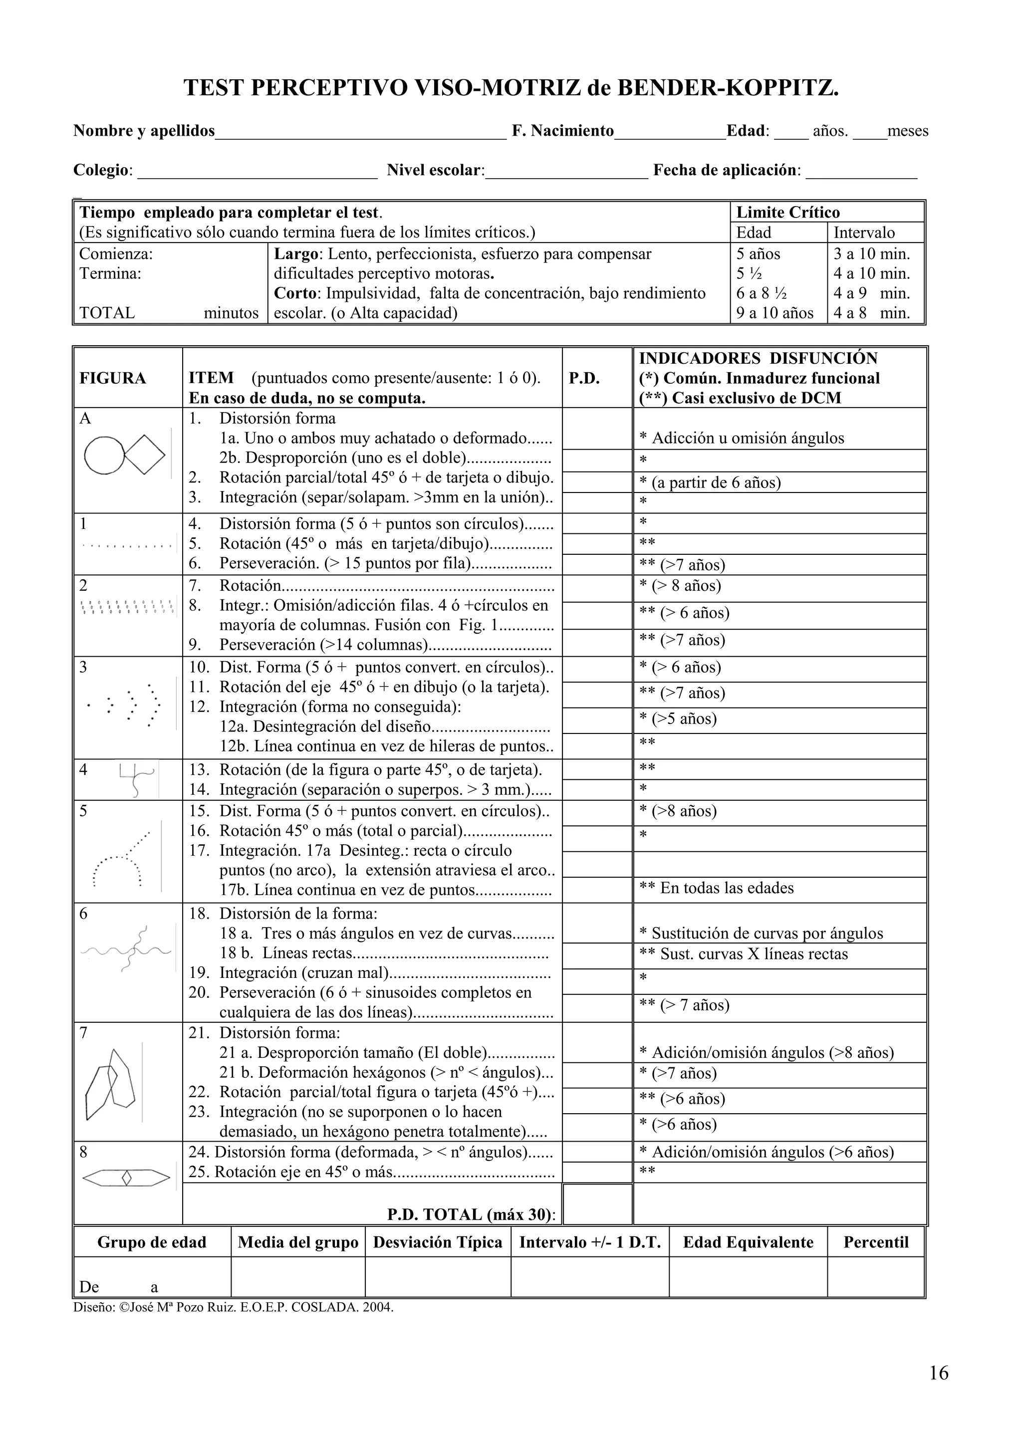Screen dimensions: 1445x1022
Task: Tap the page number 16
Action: [x=938, y=1373]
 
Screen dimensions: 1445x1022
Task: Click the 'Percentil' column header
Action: [x=876, y=1242]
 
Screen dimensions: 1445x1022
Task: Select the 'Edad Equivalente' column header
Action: [x=748, y=1242]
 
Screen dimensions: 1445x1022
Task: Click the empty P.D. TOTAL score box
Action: [x=597, y=1204]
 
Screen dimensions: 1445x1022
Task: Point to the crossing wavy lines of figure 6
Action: [x=126, y=949]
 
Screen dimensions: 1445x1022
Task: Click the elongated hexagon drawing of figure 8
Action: [x=126, y=1177]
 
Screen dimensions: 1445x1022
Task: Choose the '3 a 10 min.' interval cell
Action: [x=872, y=254]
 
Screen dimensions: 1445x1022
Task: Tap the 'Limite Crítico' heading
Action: [x=788, y=212]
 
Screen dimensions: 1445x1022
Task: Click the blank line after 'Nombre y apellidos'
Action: [x=361, y=132]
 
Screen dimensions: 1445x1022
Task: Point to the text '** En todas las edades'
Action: [x=716, y=888]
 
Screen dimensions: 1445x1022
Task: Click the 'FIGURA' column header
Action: [x=113, y=378]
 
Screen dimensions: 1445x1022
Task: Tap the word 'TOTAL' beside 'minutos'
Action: [x=107, y=313]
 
